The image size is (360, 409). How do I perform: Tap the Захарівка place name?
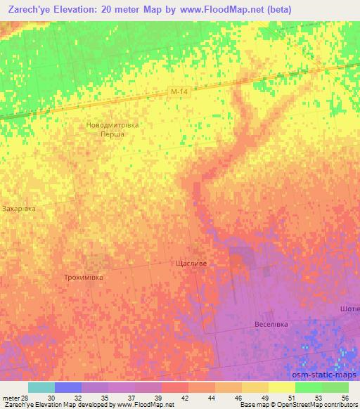(x=18, y=209)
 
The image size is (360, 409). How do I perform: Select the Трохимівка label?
(x=84, y=277)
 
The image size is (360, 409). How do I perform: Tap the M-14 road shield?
(x=179, y=91)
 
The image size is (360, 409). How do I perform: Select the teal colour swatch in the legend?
(x=41, y=387)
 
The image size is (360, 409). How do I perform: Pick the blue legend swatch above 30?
(x=67, y=387)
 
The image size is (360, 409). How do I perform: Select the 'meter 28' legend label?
(x=15, y=397)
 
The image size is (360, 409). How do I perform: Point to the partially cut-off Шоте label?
(x=349, y=309)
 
